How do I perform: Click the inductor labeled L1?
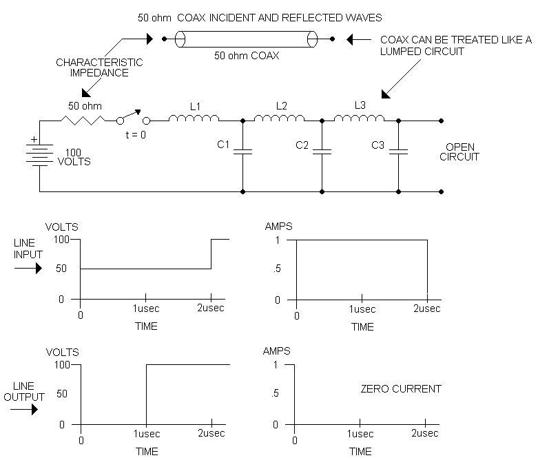194,118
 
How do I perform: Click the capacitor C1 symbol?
242,151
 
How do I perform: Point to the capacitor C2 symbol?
322,151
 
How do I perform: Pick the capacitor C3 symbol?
398,151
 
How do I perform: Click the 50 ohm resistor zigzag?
85,120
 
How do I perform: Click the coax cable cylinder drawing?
245,39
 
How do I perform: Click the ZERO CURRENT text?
401,389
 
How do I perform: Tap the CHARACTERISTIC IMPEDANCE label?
99,67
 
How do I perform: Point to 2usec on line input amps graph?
427,309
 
